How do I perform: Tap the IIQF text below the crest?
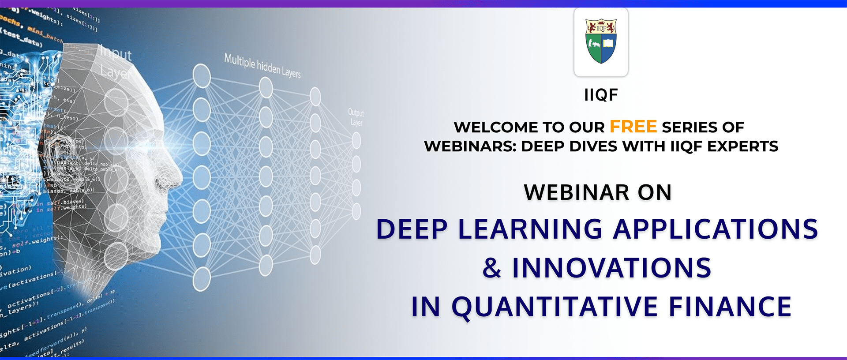601,95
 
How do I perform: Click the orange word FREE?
633,127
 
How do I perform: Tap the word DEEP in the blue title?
412,230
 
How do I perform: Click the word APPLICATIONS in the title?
716,230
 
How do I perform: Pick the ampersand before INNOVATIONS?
492,268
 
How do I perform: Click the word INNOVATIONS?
611,268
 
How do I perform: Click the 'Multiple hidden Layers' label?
262,66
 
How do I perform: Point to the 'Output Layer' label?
356,117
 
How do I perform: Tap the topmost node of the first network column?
202,76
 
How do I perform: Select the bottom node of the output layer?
356,211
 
